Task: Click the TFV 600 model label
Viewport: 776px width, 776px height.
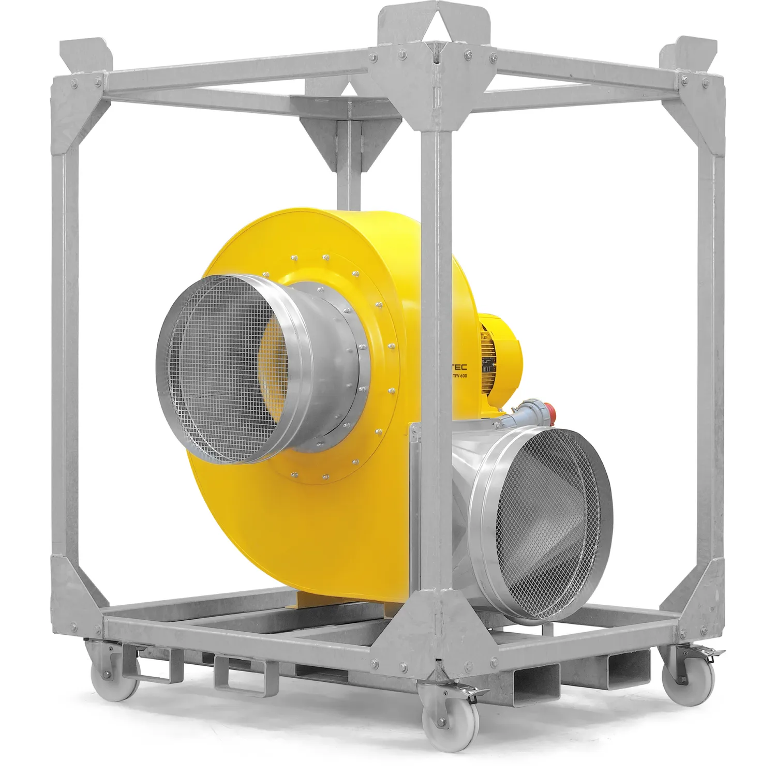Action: pos(459,376)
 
